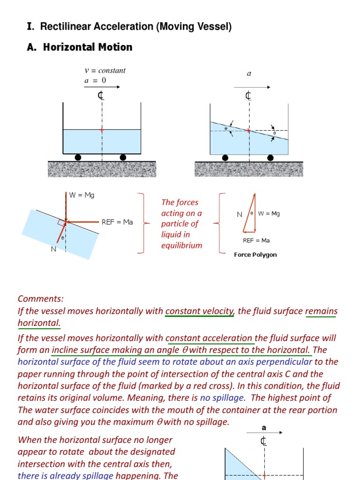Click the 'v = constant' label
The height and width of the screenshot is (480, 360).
click(x=105, y=70)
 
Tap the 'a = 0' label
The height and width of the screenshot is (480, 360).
click(x=95, y=80)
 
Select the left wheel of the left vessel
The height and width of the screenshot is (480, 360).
click(x=78, y=157)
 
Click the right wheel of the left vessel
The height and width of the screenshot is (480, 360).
click(x=123, y=157)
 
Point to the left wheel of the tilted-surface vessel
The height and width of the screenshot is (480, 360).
click(x=225, y=157)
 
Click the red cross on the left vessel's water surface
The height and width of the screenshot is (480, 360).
click(x=102, y=129)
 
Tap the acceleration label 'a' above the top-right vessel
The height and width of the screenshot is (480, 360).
click(x=249, y=74)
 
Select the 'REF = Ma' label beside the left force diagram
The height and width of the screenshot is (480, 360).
click(x=117, y=222)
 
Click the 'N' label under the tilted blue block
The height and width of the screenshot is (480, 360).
click(x=53, y=249)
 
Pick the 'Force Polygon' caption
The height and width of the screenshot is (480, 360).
click(x=255, y=255)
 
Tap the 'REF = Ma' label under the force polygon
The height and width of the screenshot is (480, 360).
click(x=256, y=240)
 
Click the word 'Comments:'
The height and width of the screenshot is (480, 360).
click(x=40, y=299)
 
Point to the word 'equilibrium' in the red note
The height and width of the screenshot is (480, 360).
click(x=181, y=245)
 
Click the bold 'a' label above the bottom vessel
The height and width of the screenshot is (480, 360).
click(x=263, y=428)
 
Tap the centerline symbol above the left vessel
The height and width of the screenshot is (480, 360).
click(x=101, y=96)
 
